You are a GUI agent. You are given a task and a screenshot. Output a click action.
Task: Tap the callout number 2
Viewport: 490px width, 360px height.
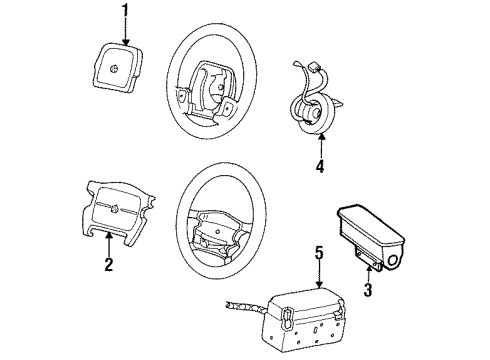108,265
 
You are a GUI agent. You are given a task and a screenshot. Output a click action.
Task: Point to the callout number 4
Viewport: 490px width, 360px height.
318,166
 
